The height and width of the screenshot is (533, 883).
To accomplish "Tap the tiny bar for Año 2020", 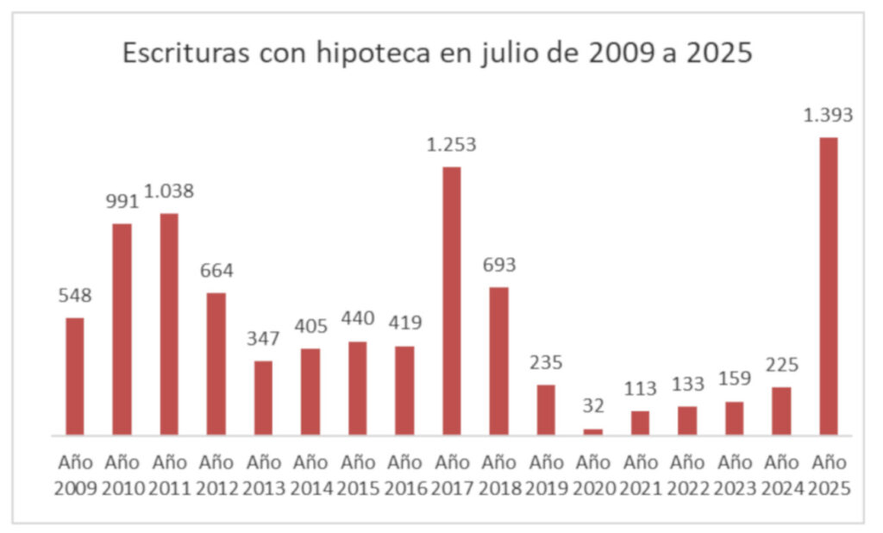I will click(592, 431).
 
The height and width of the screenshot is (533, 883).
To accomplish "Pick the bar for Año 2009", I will click(75, 376).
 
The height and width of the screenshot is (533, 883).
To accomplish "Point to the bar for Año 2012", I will click(216, 363).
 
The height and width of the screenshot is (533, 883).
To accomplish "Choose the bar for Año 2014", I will click(310, 392).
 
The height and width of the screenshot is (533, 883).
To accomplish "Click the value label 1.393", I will click(828, 115).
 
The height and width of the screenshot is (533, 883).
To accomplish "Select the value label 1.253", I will click(451, 144).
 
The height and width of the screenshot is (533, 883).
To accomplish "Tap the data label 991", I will click(122, 201).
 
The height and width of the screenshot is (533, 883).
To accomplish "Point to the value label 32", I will click(592, 406).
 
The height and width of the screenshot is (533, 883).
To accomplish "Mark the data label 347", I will click(263, 338).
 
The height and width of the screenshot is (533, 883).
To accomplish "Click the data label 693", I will click(498, 265).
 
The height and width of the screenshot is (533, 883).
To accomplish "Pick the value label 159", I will click(734, 379).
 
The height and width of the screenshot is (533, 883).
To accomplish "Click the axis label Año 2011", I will click(169, 474).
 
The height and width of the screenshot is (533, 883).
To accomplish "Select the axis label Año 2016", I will click(404, 474).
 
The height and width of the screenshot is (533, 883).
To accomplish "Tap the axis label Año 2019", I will click(546, 474).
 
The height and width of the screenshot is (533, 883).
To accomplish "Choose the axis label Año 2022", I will click(687, 474).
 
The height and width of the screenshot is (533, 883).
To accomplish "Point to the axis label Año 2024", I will click(781, 474).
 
